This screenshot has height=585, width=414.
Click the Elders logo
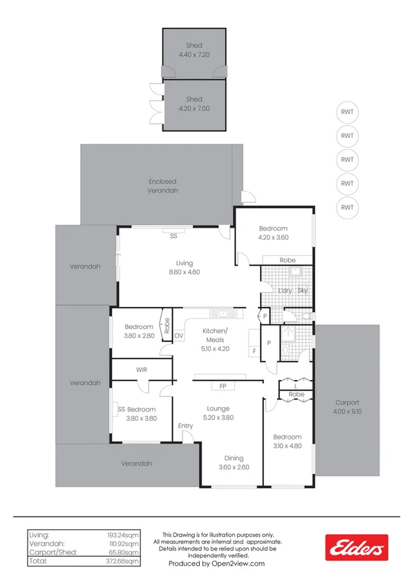(356, 548)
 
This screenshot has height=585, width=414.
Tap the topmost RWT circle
(347, 112)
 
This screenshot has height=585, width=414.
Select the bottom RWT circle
(347, 207)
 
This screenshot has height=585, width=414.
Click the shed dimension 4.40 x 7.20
(194, 54)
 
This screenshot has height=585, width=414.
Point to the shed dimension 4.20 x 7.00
(194, 109)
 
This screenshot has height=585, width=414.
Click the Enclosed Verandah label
(163, 186)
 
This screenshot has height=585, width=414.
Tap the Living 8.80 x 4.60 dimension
(184, 272)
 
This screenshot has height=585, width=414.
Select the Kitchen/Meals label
(215, 336)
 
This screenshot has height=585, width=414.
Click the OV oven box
(179, 336)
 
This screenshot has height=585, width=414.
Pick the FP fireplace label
(223, 386)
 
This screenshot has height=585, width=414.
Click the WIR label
(141, 370)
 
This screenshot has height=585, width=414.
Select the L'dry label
(283, 290)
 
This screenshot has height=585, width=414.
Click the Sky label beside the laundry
(302, 290)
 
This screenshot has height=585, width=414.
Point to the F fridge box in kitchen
(254, 351)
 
